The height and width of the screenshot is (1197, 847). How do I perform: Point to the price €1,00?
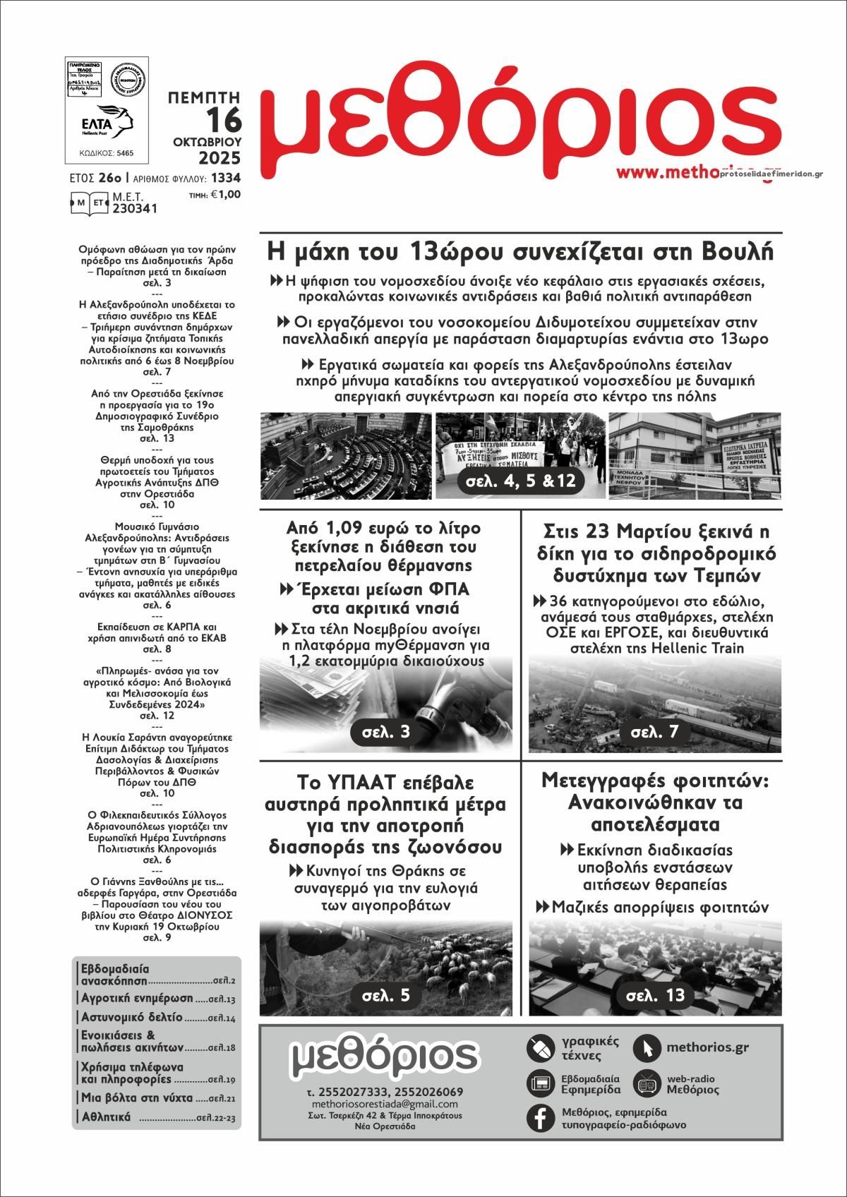coord(225,195)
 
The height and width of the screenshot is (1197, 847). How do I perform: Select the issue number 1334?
coord(225,179)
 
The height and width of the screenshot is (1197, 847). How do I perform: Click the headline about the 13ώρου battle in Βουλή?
coord(521,251)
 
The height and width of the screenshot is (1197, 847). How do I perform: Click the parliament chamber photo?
coord(345,456)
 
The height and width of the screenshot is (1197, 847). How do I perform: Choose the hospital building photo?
coord(695,456)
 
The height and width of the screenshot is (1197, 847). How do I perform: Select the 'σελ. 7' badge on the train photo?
coord(654,732)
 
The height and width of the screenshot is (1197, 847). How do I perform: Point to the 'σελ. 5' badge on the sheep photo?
coord(385,995)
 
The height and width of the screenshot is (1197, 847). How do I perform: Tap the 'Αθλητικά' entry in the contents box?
coord(106,1117)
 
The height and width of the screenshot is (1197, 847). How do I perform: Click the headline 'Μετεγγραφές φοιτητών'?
coord(654,781)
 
